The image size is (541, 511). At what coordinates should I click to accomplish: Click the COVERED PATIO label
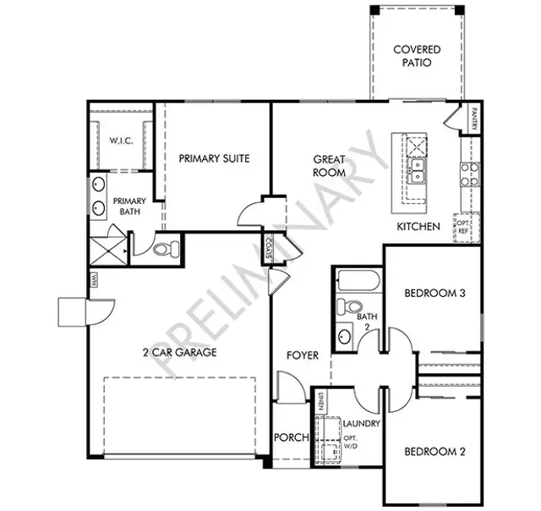click(417, 57)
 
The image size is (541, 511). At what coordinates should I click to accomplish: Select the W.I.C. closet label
click(121, 140)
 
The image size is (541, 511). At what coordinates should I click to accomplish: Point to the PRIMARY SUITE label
click(214, 158)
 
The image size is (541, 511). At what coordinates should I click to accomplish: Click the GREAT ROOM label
click(330, 165)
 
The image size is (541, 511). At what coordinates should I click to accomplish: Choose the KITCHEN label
click(418, 227)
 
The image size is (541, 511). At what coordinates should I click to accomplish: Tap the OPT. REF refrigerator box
click(464, 226)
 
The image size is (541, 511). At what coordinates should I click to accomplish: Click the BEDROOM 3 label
click(436, 294)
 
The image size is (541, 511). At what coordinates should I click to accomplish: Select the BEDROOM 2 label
click(434, 451)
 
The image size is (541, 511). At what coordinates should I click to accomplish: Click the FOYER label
click(302, 355)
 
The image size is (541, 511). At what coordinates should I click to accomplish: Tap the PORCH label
click(290, 438)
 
